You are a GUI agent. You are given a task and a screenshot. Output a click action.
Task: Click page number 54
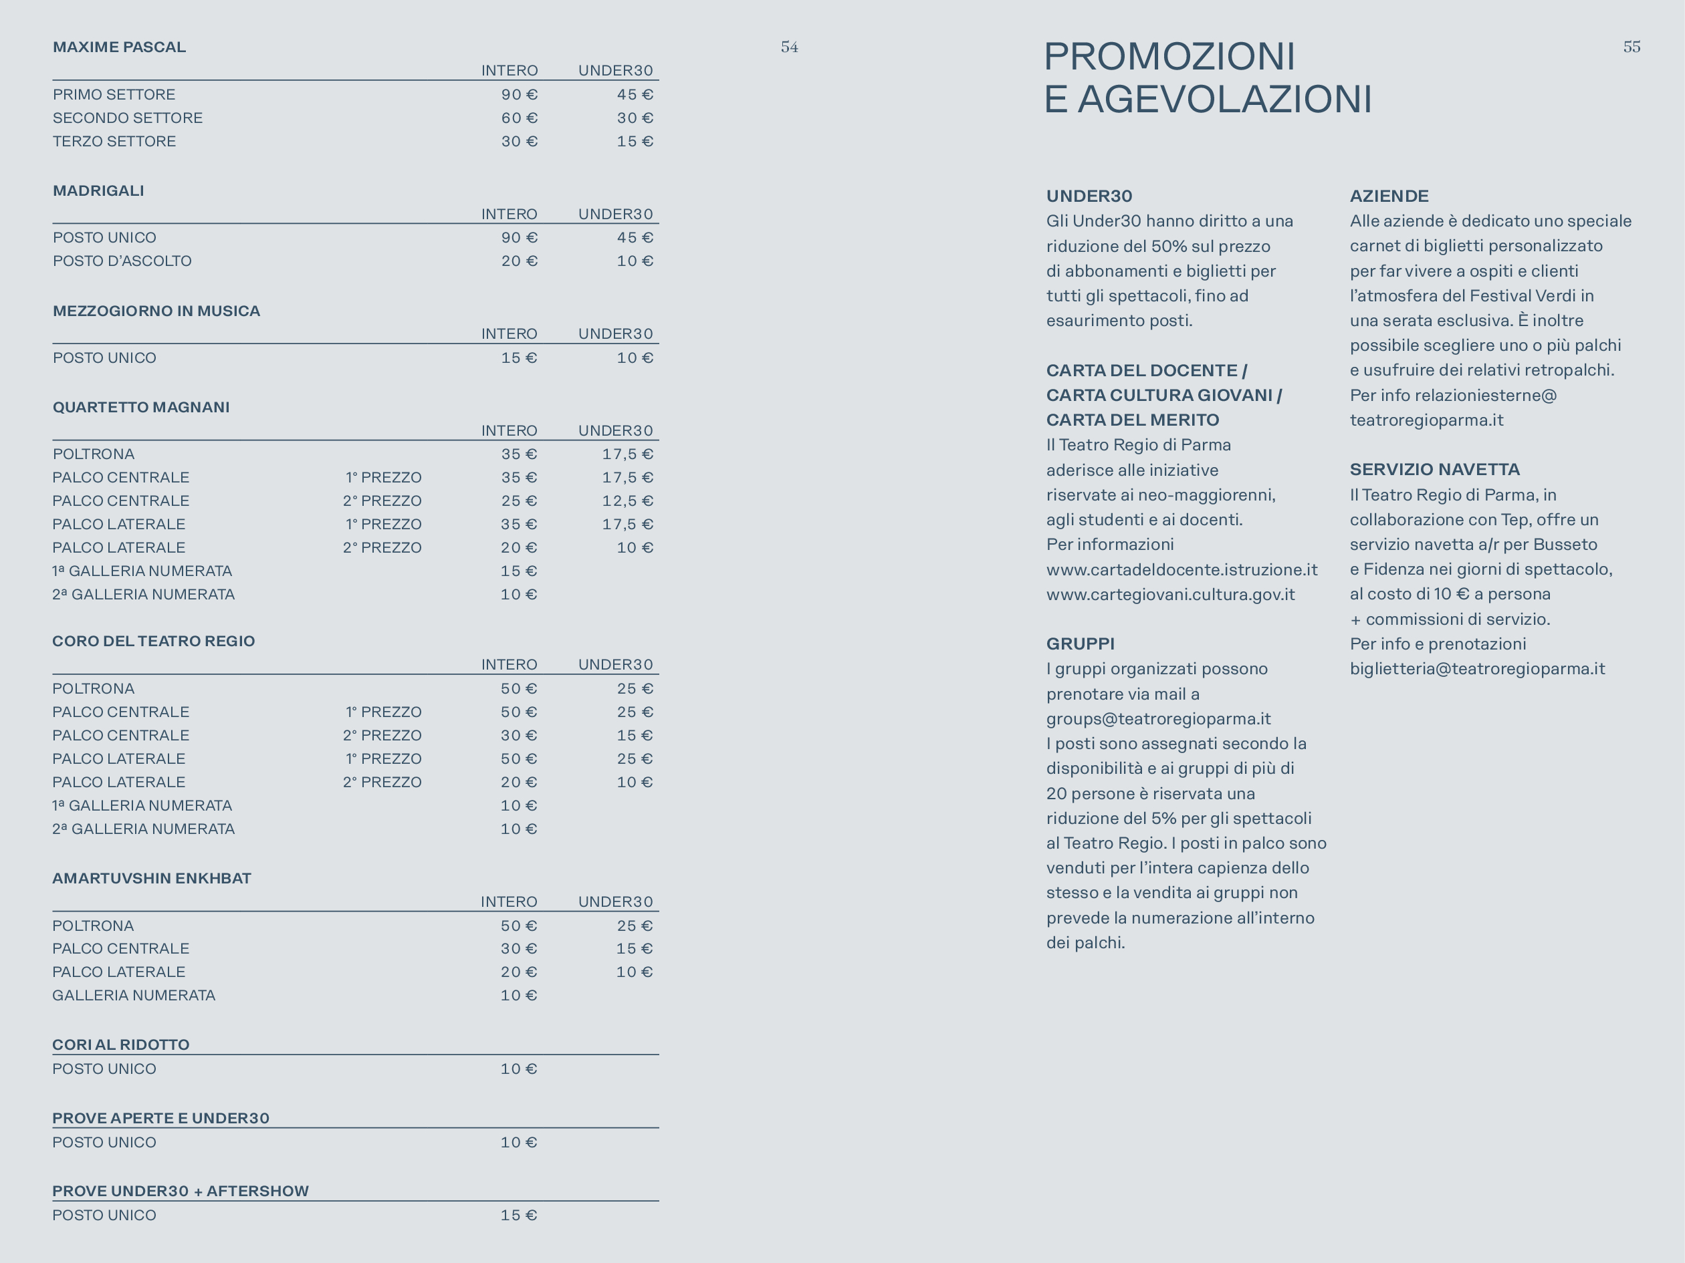click(789, 47)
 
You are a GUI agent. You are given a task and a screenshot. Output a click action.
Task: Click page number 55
click(1632, 47)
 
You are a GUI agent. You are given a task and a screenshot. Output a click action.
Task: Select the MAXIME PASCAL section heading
click(119, 47)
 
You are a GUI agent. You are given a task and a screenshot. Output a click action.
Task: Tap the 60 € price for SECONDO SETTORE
click(519, 118)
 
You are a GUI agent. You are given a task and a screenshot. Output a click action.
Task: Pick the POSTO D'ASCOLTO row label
click(122, 261)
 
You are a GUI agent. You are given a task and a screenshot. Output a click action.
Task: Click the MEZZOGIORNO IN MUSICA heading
click(156, 311)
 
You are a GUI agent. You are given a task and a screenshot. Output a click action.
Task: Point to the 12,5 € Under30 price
click(627, 501)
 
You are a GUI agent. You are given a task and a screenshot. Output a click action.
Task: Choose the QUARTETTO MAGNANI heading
click(141, 407)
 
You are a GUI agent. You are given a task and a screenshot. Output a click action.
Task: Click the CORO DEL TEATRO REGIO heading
click(153, 641)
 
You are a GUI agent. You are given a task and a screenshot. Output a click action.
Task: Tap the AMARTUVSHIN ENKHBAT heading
click(152, 879)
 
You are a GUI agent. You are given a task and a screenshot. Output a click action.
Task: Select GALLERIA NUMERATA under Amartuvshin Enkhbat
click(133, 995)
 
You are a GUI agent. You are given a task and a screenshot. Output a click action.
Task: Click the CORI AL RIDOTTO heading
click(120, 1044)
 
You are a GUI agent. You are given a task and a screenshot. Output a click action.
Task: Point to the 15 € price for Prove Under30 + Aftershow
click(519, 1215)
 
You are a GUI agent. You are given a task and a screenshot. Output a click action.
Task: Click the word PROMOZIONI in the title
click(1169, 56)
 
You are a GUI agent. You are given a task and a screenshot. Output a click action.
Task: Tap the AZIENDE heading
click(1389, 196)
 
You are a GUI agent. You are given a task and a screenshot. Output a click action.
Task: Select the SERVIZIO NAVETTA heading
click(1434, 470)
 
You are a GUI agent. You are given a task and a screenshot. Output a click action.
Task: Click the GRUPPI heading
click(1080, 644)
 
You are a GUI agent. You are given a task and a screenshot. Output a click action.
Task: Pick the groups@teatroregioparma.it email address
click(1158, 718)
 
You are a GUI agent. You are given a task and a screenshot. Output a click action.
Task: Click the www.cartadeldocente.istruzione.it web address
click(1182, 569)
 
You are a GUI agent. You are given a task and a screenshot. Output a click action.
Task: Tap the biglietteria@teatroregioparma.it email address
click(1477, 668)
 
